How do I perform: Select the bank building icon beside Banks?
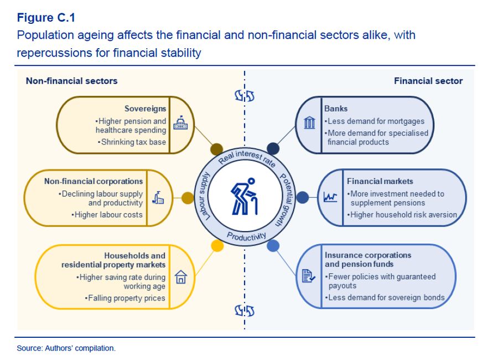(x=310, y=123)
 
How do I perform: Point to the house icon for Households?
(x=180, y=277)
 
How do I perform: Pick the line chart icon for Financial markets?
(x=330, y=197)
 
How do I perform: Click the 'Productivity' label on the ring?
(x=246, y=236)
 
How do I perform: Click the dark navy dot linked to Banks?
(x=273, y=148)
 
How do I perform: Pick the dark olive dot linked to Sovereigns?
(x=217, y=149)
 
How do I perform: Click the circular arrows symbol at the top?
(x=244, y=96)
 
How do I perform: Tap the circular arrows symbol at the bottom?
(x=244, y=310)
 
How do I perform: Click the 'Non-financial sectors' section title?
(x=71, y=81)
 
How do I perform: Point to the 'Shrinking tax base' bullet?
(x=133, y=142)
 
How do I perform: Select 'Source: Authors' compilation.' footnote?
(x=66, y=348)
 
